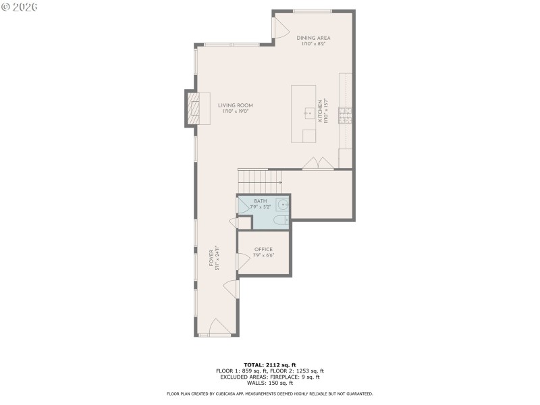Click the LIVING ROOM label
(x=235, y=105)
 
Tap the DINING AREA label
(x=314, y=38)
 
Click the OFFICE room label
(x=263, y=249)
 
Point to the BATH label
(x=260, y=201)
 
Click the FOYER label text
(x=211, y=257)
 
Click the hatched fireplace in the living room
(x=193, y=108)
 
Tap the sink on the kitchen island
(x=310, y=113)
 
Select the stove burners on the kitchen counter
(x=345, y=115)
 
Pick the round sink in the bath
(x=283, y=204)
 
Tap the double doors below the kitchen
(x=317, y=163)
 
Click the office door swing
(x=242, y=262)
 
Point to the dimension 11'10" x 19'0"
(x=235, y=112)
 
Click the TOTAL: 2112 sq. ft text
(x=269, y=364)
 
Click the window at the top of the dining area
(x=313, y=11)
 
